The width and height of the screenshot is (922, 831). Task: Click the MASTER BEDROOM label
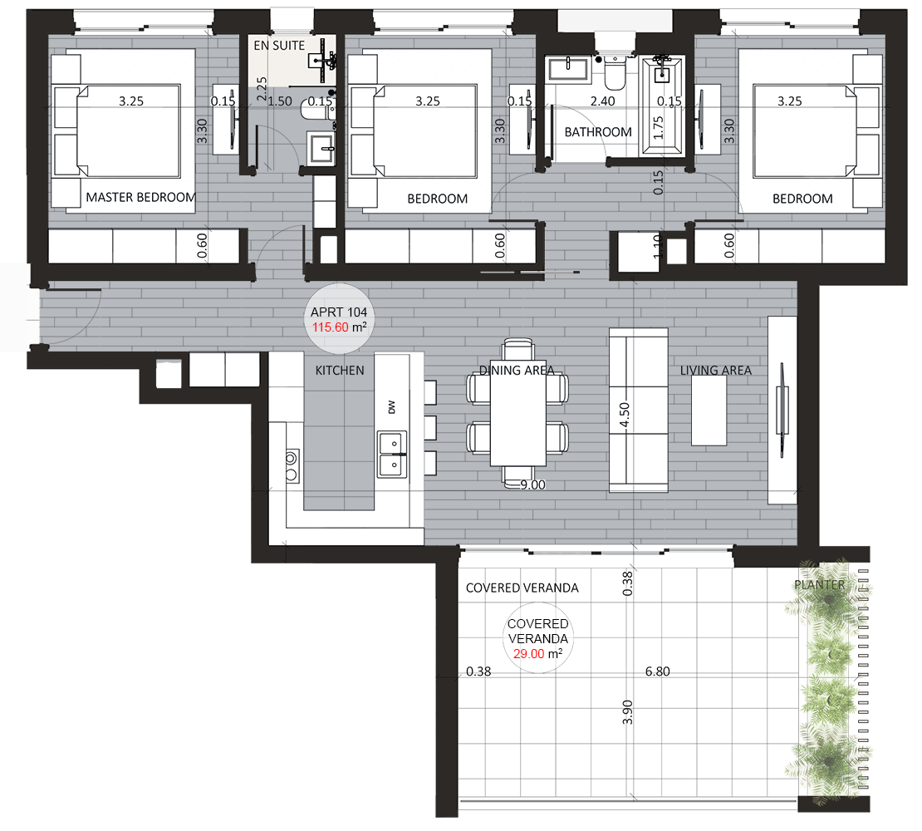coord(140,197)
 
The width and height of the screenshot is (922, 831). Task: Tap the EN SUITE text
coord(279,45)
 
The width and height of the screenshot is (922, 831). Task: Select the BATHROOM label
coord(598,132)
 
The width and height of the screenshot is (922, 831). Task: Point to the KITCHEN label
coord(340,371)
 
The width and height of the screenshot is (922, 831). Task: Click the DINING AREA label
coord(517,371)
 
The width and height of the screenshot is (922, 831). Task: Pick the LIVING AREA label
coord(716,371)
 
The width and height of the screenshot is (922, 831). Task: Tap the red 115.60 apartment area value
coord(331,327)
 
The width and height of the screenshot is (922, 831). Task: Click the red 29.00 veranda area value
coord(528,654)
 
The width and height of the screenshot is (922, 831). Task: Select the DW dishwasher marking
coord(391,407)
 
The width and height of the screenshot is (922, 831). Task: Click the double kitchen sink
coord(392,454)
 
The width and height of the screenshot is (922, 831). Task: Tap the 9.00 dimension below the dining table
coord(532,485)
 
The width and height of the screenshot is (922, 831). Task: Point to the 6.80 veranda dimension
coord(657,671)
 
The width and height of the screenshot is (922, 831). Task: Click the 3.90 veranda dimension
coord(627,711)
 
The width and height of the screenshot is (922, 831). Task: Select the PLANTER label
coord(820,585)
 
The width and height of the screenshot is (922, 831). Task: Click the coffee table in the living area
coord(709,411)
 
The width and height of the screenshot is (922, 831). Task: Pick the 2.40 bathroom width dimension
coord(603,101)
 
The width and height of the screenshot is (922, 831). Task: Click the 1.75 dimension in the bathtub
coord(658,128)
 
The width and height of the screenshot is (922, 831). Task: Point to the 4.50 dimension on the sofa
coord(625,415)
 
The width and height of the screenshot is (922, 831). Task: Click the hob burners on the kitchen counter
coord(292,466)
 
